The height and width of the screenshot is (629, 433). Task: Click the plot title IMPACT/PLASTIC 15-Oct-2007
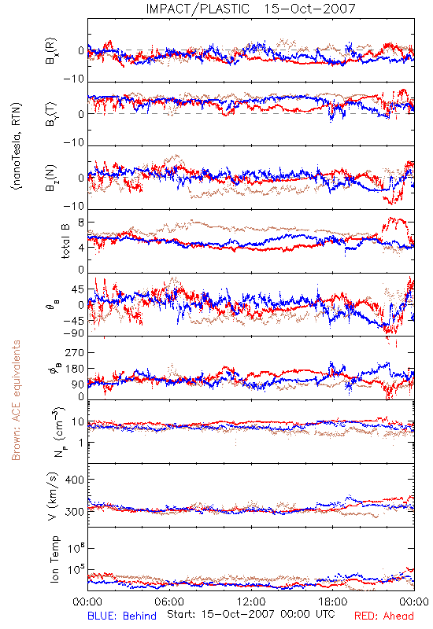(x=250, y=9)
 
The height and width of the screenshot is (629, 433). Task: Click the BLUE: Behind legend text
(x=122, y=616)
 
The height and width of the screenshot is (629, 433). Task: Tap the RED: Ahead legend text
(x=384, y=616)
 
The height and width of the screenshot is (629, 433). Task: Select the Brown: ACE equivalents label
(x=16, y=400)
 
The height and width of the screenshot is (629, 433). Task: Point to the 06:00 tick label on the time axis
(x=169, y=601)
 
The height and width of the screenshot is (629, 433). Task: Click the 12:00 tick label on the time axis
(x=251, y=601)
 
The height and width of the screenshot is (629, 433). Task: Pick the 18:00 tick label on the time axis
(x=332, y=601)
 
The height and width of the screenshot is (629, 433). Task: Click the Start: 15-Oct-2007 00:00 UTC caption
(x=251, y=614)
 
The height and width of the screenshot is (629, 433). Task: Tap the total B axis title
(x=65, y=241)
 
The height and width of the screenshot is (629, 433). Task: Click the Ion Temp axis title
(x=54, y=559)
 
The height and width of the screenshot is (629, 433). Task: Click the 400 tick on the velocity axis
(x=74, y=480)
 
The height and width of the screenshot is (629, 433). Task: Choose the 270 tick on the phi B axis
(x=74, y=352)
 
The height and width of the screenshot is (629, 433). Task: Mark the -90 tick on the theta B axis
(x=73, y=333)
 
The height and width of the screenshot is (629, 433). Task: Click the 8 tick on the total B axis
(x=81, y=223)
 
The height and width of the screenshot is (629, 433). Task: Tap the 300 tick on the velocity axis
(x=74, y=512)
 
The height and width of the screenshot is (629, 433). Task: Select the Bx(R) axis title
(x=51, y=51)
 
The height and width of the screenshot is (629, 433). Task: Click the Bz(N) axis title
(x=51, y=178)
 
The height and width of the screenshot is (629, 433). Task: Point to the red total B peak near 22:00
(x=391, y=219)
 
